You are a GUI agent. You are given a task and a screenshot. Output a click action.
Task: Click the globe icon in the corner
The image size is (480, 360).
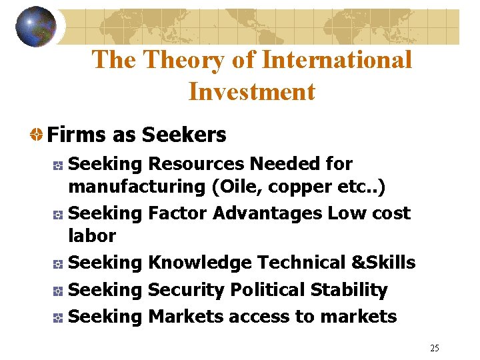pos(36,27)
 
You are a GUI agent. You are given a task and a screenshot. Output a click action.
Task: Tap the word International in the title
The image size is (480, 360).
pos(337,60)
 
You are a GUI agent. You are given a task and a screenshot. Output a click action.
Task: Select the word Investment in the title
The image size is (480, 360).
pos(251,91)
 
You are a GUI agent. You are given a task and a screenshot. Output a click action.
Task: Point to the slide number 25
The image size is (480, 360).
pos(435,348)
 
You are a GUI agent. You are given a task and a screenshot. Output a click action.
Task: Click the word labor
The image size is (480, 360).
pos(92,235)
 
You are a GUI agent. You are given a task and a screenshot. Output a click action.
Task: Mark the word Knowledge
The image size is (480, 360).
pos(199,263)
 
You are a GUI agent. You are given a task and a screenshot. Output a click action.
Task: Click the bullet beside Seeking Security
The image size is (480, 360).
pos(58,291)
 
